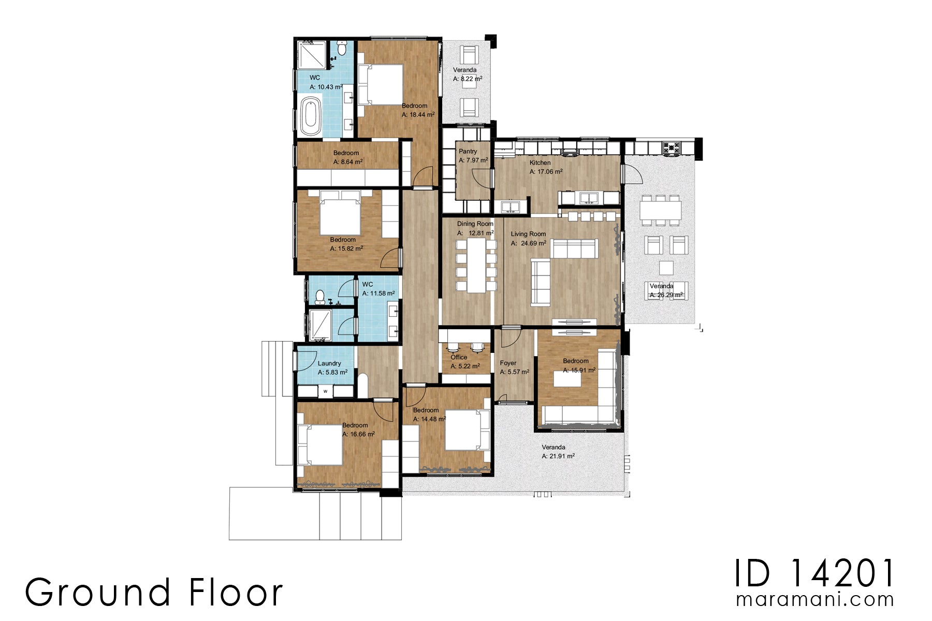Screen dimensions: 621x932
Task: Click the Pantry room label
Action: pyautogui.click(x=468, y=152)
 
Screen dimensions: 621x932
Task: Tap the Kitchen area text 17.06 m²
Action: pyautogui.click(x=546, y=172)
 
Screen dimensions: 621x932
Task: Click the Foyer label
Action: pyautogui.click(x=508, y=363)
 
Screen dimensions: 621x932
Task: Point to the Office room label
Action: pyautogui.click(x=459, y=358)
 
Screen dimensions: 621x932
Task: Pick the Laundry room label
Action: pyautogui.click(x=329, y=364)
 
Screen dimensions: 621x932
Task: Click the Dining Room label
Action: pyautogui.click(x=475, y=224)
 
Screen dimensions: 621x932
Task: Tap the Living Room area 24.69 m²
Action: pyautogui.click(x=528, y=243)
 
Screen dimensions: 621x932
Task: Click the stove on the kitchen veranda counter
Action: pyautogui.click(x=671, y=148)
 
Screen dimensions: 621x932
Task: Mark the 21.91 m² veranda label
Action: pyautogui.click(x=558, y=456)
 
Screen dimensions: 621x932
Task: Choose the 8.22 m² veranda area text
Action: pyautogui.click(x=468, y=79)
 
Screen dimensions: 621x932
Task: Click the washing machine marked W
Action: pyautogui.click(x=325, y=391)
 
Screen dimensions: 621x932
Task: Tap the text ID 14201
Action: pyautogui.click(x=814, y=573)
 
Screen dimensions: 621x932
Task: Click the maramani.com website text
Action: pyautogui.click(x=814, y=600)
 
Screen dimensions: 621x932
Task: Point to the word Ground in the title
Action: pyautogui.click(x=97, y=593)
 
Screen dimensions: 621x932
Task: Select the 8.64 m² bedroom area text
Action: pyautogui.click(x=347, y=162)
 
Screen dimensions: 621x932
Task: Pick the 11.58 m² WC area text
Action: pyautogui.click(x=378, y=293)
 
